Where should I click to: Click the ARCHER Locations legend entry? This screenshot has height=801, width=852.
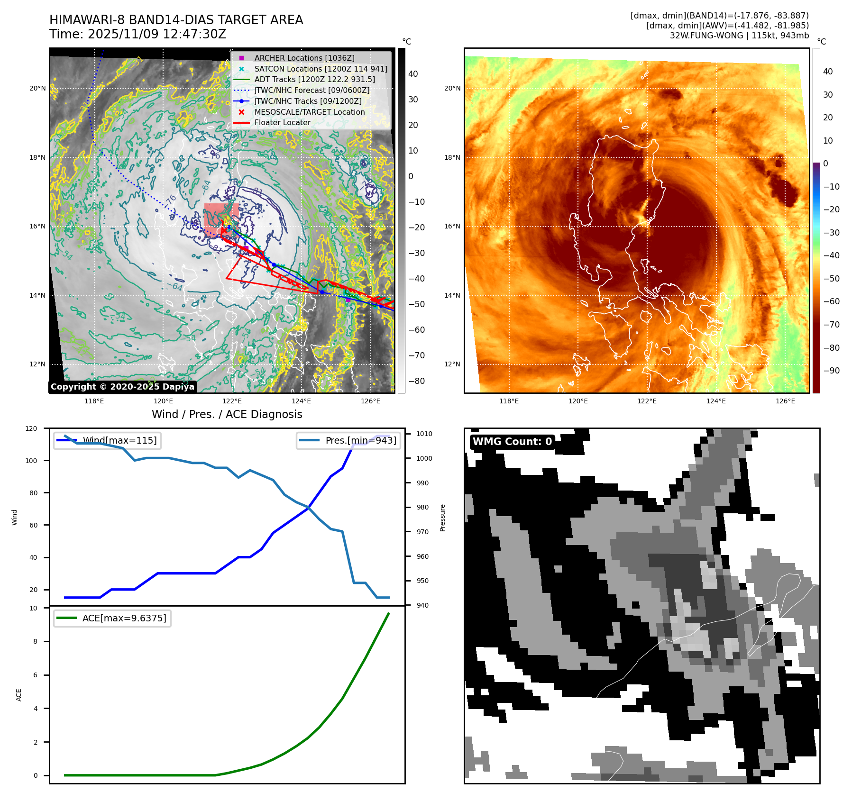(304, 58)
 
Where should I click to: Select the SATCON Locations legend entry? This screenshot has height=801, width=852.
(321, 69)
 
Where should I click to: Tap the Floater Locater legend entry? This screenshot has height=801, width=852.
(282, 122)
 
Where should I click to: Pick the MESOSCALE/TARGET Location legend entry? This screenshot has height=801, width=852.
(309, 112)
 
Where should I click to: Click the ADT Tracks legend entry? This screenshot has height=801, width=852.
(314, 79)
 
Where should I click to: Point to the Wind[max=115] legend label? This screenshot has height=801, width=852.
(119, 440)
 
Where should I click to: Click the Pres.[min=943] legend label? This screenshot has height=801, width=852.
(360, 440)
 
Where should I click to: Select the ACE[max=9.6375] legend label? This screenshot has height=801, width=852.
(124, 618)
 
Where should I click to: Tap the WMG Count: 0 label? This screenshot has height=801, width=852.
(512, 442)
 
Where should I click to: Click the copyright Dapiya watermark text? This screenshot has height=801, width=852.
(122, 387)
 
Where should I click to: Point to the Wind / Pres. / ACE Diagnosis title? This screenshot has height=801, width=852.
(227, 414)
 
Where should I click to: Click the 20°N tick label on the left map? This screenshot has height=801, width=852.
(37, 88)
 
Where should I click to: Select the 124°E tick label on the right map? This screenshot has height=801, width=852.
(716, 401)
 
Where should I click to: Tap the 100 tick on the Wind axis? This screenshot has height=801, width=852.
(31, 461)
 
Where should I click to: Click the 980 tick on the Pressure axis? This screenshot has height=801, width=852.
(422, 507)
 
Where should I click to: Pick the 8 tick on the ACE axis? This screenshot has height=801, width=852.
(35, 641)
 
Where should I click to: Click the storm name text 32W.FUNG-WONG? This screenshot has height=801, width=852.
(706, 36)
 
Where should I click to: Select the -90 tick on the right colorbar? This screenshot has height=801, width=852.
(831, 371)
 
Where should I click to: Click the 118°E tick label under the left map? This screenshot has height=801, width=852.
(94, 401)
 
